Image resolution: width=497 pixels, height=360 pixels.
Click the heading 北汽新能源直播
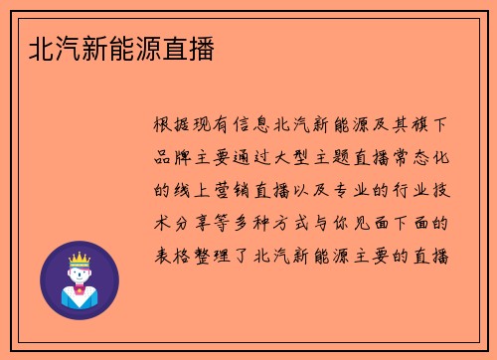pos(120,47)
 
